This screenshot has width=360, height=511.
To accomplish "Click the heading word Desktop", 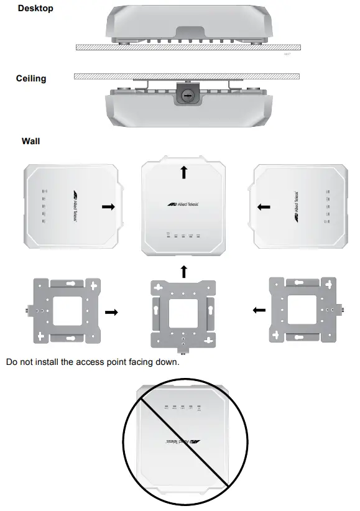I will [x=35, y=9].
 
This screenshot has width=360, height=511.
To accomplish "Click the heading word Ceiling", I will [x=31, y=79].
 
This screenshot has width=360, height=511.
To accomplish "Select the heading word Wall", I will [x=30, y=141].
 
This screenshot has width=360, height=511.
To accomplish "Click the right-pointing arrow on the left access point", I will [x=108, y=207].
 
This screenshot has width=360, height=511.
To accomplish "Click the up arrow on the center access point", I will [x=184, y=172].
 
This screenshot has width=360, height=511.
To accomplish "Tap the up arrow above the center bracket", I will [x=184, y=271].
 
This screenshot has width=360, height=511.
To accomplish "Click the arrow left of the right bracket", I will [x=259, y=310].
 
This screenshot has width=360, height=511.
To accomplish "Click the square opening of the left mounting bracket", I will [x=68, y=310].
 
